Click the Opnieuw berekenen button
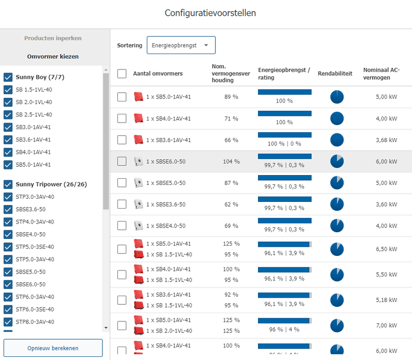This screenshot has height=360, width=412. [53, 348]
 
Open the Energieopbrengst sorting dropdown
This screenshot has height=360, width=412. [181, 45]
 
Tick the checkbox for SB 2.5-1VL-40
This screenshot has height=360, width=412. [8, 115]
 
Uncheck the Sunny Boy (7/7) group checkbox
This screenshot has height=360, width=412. [8, 77]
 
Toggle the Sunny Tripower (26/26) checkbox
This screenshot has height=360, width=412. [8, 184]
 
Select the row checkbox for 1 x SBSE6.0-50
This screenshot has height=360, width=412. [122, 161]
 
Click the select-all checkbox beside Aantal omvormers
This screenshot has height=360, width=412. [122, 74]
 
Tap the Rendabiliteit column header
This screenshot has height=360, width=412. [335, 74]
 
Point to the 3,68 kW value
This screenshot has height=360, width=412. [387, 140]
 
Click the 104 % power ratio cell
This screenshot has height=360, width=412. [231, 162]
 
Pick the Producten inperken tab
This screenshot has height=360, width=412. [53, 39]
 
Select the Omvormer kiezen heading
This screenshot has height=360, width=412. [53, 57]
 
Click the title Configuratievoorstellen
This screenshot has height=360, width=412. [210, 13]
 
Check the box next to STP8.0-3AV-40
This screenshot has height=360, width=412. [8, 322]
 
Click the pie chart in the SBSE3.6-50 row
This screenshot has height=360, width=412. [337, 204]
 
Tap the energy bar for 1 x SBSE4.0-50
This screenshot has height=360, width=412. [284, 220]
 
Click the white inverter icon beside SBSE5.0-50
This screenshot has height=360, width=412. [138, 183]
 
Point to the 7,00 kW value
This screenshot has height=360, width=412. [387, 325]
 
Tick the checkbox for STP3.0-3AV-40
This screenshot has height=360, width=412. [8, 197]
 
